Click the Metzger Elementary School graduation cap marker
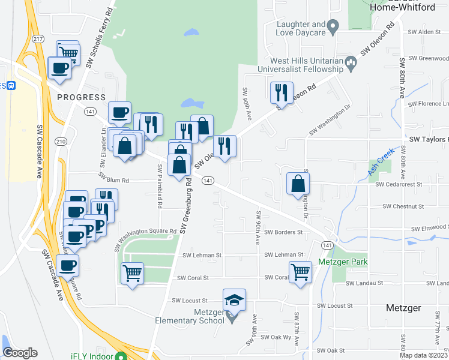pyautogui.click(x=235, y=299)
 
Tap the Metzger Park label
pyautogui.click(x=343, y=262)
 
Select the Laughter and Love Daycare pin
pyautogui.click(x=335, y=26)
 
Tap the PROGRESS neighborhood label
pyautogui.click(x=81, y=97)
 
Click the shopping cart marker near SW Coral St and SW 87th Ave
pyautogui.click(x=300, y=272)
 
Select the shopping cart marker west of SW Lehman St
pyautogui.click(x=132, y=273)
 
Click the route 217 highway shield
pyautogui.click(x=38, y=39)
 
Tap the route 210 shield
pyautogui.click(x=61, y=142)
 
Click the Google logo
pyautogui.click(x=20, y=353)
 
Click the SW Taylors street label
pyautogui.click(x=428, y=139)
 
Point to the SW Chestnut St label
pyautogui.click(x=403, y=206)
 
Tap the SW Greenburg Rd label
pyautogui.click(x=188, y=205)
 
